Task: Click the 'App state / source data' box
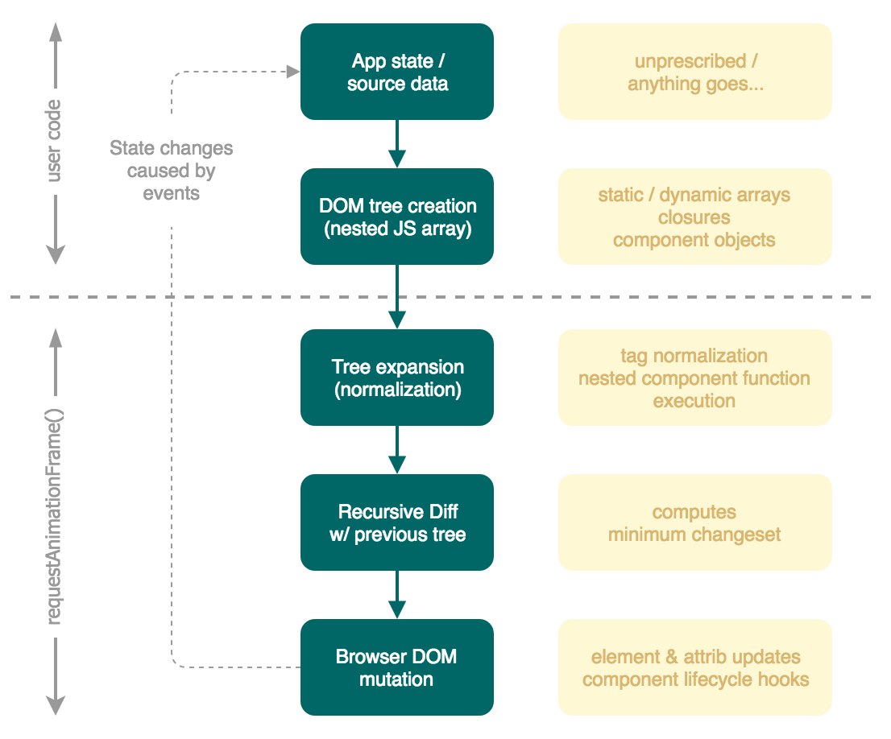click(x=396, y=72)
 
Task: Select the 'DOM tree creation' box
click(x=396, y=217)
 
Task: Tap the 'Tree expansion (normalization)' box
click(x=396, y=378)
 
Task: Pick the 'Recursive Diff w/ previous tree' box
click(x=396, y=522)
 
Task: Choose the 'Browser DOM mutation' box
click(x=396, y=667)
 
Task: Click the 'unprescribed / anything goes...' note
click(x=695, y=72)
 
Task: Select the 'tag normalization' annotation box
click(x=695, y=378)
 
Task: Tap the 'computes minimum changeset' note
click(x=695, y=522)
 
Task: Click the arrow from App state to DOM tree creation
click(x=396, y=144)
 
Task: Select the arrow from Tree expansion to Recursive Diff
click(x=396, y=449)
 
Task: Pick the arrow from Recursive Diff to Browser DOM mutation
click(x=396, y=594)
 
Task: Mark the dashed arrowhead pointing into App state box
click(x=293, y=72)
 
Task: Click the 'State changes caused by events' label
click(x=171, y=171)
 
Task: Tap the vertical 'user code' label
click(x=53, y=141)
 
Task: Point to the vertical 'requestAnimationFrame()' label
click(x=53, y=516)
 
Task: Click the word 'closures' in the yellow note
click(x=694, y=217)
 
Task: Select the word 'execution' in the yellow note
click(x=694, y=401)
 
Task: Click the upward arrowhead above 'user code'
click(x=55, y=33)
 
